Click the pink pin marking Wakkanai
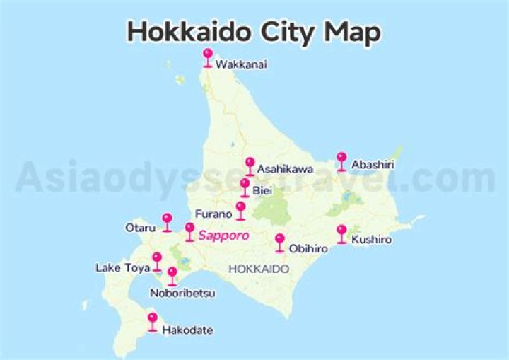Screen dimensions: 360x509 point(208,55)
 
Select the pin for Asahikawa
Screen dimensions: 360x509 point(250,164)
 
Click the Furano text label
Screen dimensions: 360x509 point(213,213)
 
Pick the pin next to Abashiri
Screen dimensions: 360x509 point(341,159)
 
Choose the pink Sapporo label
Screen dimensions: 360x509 point(223,236)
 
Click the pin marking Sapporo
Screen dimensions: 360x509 point(189,230)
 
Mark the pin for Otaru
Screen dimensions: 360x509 point(167,221)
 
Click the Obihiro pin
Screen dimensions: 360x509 point(279,240)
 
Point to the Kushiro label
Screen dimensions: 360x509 point(371,240)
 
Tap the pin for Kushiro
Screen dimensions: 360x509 point(341,232)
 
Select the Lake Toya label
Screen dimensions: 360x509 point(122,268)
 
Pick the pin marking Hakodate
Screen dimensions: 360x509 point(152,320)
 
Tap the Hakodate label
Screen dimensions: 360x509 point(187,330)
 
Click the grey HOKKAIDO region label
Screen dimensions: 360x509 point(259,269)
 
